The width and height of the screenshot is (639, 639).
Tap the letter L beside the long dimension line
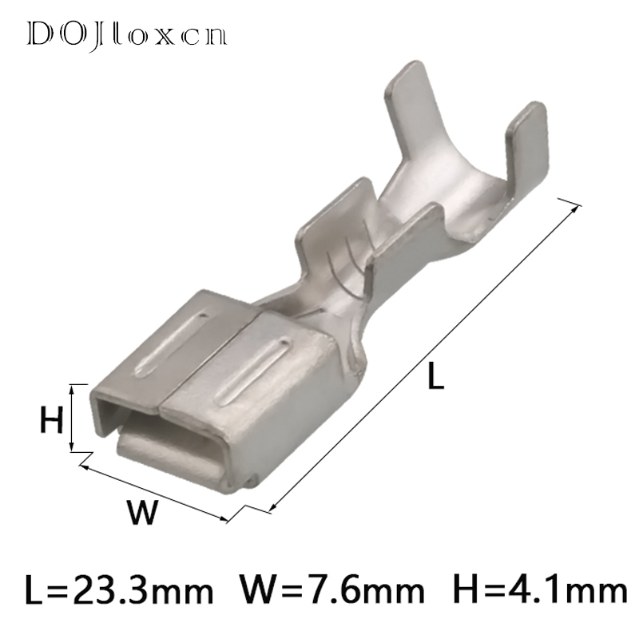pos(435,375)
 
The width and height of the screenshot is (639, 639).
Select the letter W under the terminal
pos(141,511)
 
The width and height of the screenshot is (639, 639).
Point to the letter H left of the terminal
pos(52,420)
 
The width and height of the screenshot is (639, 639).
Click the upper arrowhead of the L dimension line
pos(574,208)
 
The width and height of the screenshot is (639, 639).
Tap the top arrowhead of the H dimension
pos(72,389)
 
